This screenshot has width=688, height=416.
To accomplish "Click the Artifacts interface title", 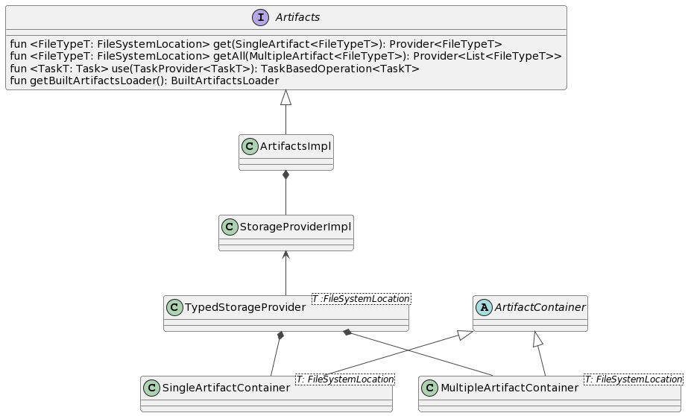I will [x=298, y=17].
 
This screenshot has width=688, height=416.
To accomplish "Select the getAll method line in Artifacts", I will [x=285, y=56].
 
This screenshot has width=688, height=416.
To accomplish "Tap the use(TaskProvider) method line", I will [x=215, y=69].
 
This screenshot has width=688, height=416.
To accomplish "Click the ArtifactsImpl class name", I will [x=295, y=147].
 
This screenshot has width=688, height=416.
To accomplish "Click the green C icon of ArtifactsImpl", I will [x=250, y=147].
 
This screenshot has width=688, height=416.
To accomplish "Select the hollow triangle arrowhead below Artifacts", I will [x=285, y=98].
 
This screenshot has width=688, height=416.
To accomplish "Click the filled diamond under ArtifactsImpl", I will [x=285, y=176].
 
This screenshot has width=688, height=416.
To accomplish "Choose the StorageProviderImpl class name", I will [x=294, y=227].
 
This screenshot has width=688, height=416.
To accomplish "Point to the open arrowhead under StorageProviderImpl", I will [x=285, y=255].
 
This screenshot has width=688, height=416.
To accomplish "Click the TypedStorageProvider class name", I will [x=245, y=308].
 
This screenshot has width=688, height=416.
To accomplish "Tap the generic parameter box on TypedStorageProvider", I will [x=361, y=299].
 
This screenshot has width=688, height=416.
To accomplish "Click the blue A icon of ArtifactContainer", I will [x=484, y=307].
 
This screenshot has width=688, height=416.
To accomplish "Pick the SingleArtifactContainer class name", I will [x=226, y=388].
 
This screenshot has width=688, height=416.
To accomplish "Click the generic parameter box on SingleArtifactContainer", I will [x=344, y=379].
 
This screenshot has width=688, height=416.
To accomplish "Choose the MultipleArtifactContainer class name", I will [x=509, y=388].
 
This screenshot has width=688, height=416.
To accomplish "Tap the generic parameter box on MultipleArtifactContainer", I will [x=633, y=379].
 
